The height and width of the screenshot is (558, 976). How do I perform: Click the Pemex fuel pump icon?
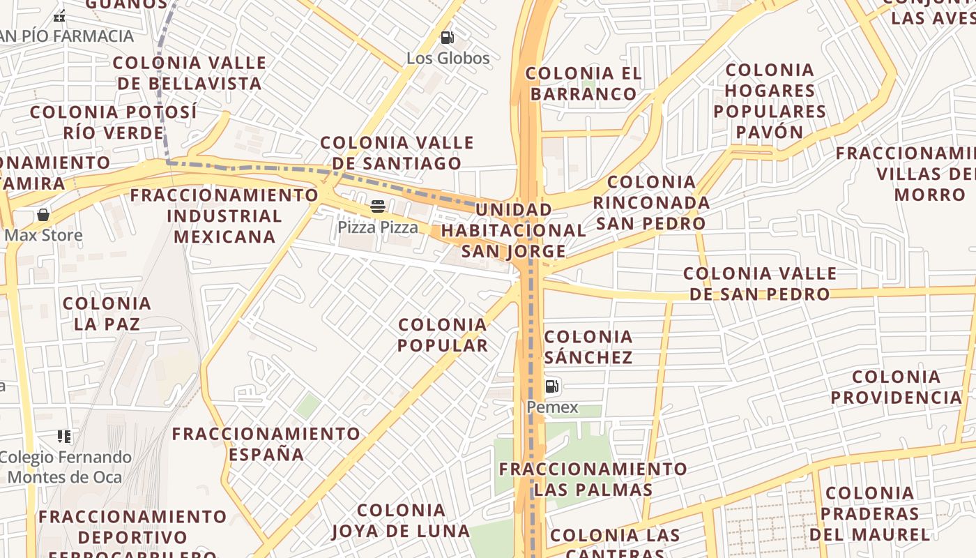(x=551, y=386)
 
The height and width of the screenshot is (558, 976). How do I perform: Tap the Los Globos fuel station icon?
(x=448, y=38)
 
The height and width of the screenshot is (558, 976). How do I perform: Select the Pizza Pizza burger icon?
(x=378, y=206)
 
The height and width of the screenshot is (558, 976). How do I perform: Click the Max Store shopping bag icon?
(x=43, y=215)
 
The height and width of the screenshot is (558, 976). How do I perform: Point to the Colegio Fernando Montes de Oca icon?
(x=64, y=437)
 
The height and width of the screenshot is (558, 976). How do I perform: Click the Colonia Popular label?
(x=443, y=335)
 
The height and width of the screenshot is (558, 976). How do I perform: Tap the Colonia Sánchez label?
(x=588, y=347)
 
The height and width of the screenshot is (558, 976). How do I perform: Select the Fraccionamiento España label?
(x=266, y=444)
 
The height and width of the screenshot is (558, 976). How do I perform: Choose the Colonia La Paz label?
(x=107, y=313)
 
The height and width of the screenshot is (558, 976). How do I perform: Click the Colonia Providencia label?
(x=896, y=387)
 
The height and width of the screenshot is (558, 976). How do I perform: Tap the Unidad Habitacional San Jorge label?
(x=514, y=230)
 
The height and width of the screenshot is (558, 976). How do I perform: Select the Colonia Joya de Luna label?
(x=401, y=520)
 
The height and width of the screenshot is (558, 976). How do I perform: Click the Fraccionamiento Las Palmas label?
(x=593, y=478)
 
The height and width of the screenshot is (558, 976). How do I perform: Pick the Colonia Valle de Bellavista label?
(x=189, y=73)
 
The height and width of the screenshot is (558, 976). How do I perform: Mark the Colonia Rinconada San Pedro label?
(x=651, y=202)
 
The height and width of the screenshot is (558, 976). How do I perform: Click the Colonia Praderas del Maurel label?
(x=869, y=513)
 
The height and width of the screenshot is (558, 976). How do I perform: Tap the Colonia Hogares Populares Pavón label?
(x=770, y=100)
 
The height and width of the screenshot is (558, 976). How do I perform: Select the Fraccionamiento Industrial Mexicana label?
(x=224, y=216)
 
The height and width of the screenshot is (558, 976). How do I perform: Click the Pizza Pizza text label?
(x=378, y=227)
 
